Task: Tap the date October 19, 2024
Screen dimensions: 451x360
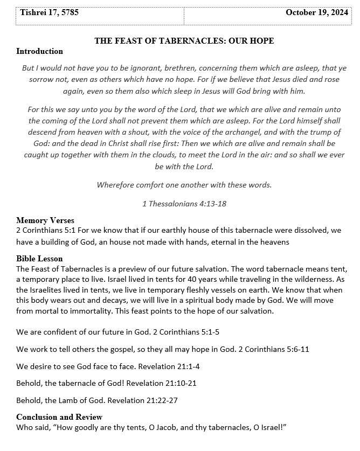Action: point(317,12)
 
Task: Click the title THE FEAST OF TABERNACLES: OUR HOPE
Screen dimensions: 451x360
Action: point(184,41)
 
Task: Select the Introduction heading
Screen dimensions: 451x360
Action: point(39,51)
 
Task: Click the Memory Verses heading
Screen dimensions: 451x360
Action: point(45,220)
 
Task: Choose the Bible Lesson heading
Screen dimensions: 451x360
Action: point(39,259)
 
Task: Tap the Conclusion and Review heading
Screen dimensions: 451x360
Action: point(59,417)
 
